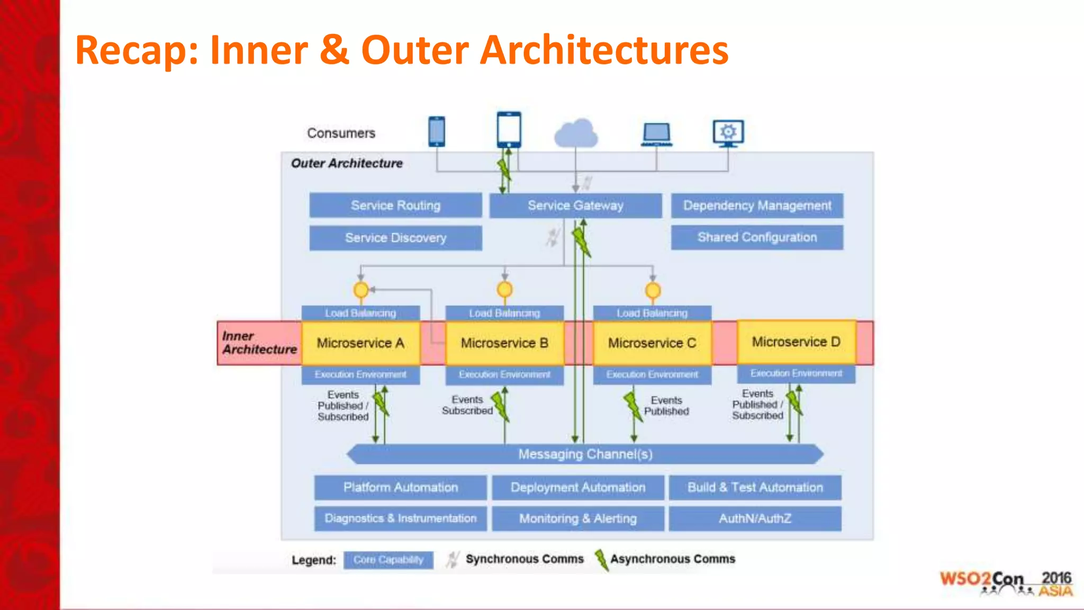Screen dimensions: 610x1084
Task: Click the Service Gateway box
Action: pyautogui.click(x=575, y=205)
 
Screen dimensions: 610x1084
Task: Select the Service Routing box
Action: pyautogui.click(x=395, y=205)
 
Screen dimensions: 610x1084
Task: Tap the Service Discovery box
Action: pyautogui.click(x=395, y=238)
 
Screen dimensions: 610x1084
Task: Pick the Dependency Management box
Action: pyautogui.click(x=757, y=205)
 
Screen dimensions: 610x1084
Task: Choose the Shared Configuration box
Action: pyautogui.click(x=757, y=237)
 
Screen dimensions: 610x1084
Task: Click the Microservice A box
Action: pyautogui.click(x=360, y=343)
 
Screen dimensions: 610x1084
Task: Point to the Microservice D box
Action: pyautogui.click(x=796, y=342)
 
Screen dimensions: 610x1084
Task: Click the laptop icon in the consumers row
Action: pyautogui.click(x=656, y=134)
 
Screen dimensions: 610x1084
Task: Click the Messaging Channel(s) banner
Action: pyautogui.click(x=585, y=454)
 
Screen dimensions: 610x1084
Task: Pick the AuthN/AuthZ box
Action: pyautogui.click(x=755, y=518)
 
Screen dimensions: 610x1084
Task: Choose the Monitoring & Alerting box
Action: pyautogui.click(x=577, y=518)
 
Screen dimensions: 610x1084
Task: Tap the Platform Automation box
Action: pyautogui.click(x=400, y=487)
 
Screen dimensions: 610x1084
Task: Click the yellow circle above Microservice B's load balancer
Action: pyautogui.click(x=504, y=290)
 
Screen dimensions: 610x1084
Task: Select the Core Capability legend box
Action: pyautogui.click(x=388, y=560)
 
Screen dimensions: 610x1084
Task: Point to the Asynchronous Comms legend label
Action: pyautogui.click(x=672, y=559)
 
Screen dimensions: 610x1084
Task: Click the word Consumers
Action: pyautogui.click(x=341, y=133)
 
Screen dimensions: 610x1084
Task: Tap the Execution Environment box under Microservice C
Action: pyautogui.click(x=652, y=374)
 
